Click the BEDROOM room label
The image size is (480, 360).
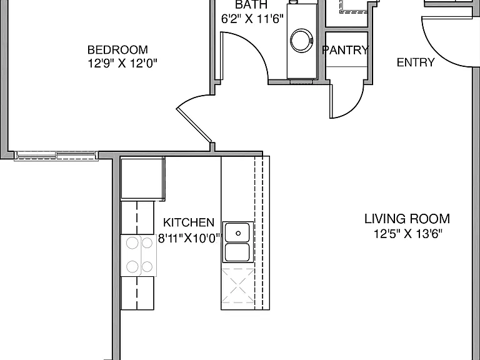[x=117, y=49]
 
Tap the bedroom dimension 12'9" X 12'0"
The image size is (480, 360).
[x=122, y=64]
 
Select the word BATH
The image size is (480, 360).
[x=251, y=4]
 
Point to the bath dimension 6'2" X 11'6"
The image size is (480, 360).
[x=252, y=19]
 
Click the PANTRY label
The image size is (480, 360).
[x=346, y=50]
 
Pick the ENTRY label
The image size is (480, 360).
[x=416, y=62]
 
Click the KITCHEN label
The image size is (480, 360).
[x=189, y=222]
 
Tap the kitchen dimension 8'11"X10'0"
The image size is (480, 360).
[x=189, y=238]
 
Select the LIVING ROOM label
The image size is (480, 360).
[x=407, y=219]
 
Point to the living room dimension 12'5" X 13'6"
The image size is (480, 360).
[x=408, y=234]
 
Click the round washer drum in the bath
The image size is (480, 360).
[x=301, y=41]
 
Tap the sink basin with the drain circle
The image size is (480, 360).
[x=237, y=233]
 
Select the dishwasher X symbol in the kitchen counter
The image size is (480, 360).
[x=237, y=285]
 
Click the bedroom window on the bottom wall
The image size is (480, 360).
[x=56, y=155]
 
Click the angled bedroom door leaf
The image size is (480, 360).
[x=194, y=126]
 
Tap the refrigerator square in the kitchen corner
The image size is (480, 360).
[x=142, y=179]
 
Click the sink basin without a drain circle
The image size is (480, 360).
[x=237, y=252]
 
